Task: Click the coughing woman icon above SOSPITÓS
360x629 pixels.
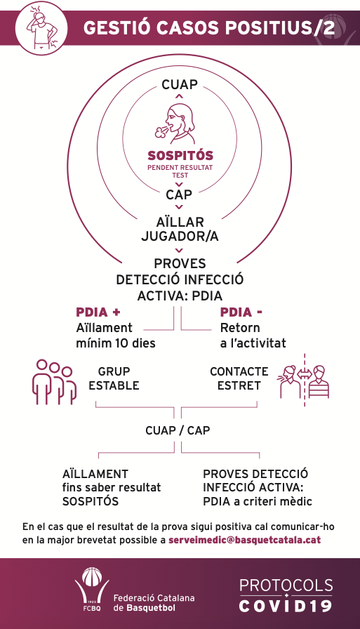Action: click(x=175, y=124)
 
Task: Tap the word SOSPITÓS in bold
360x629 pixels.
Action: click(x=180, y=155)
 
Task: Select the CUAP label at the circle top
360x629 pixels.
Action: click(x=180, y=85)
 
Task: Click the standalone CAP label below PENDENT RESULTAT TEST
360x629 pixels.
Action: click(x=179, y=194)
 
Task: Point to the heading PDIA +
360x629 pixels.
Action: click(x=98, y=312)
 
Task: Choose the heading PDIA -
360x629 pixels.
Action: click(x=241, y=312)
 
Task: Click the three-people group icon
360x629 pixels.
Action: click(x=54, y=382)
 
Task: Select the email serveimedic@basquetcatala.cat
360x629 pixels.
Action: click(x=244, y=540)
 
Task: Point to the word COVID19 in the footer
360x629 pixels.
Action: click(x=286, y=605)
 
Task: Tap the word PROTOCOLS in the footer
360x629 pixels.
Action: click(x=286, y=585)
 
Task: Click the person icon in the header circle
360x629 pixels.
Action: click(x=41, y=27)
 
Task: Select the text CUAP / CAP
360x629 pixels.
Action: click(x=178, y=430)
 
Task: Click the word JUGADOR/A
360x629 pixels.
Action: click(x=180, y=237)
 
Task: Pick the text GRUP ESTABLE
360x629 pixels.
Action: click(x=114, y=378)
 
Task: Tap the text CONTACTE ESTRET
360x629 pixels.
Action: click(x=239, y=378)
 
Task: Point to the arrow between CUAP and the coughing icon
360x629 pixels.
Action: click(x=179, y=96)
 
